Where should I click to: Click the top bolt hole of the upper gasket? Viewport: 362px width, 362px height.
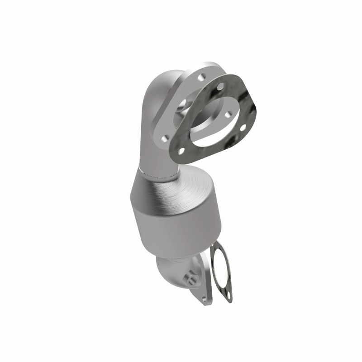220,86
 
